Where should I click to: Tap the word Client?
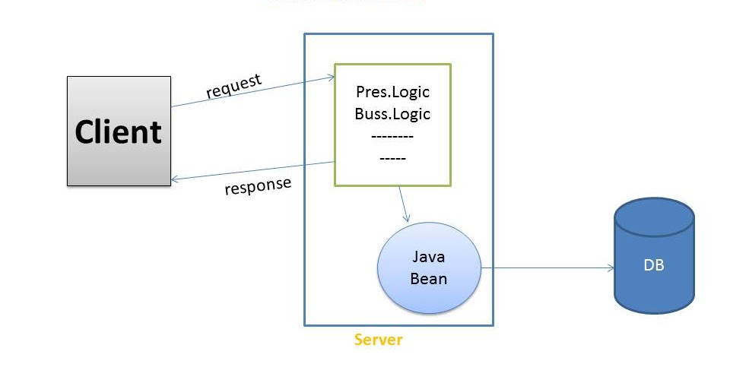[x=119, y=131]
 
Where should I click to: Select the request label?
[x=234, y=86]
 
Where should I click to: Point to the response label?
[x=258, y=186]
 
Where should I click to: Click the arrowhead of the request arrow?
[x=331, y=76]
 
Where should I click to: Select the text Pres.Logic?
[x=392, y=93]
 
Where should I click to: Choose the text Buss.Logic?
[x=392, y=115]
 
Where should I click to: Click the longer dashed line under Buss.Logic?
[x=392, y=137]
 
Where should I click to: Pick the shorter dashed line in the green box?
[x=392, y=158]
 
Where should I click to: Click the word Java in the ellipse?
[x=429, y=257]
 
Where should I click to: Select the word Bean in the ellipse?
[x=429, y=278]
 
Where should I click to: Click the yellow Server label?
[x=378, y=340]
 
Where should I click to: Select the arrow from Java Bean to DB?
[x=547, y=268]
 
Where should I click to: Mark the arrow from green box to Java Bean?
[x=405, y=204]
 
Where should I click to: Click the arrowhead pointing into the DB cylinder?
[x=610, y=268]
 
